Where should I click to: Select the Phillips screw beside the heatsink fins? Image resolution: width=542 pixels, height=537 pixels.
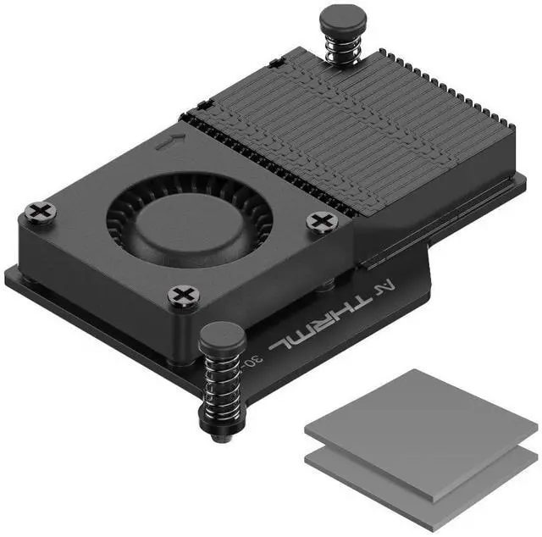[x=322, y=222]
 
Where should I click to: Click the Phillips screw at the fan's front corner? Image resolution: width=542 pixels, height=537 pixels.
[x=183, y=296]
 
